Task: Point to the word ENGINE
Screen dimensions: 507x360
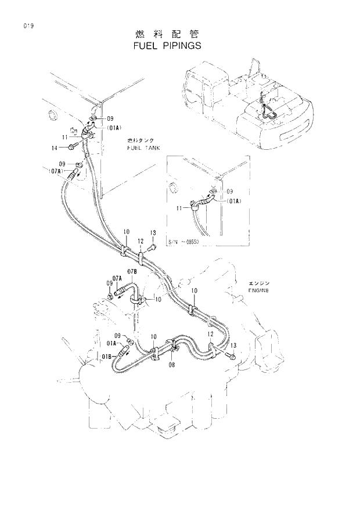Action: point(258,289)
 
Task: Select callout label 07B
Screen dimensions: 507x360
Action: point(132,272)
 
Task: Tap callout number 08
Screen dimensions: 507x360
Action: point(171,365)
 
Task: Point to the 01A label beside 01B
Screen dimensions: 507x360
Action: point(112,343)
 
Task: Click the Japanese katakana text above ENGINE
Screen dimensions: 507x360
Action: point(257,282)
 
